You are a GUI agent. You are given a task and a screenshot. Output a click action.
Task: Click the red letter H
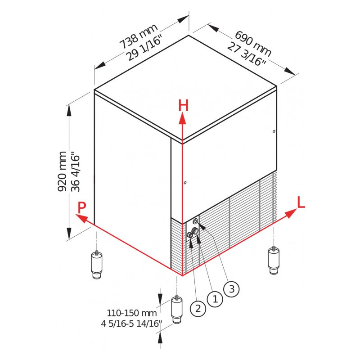[183, 106]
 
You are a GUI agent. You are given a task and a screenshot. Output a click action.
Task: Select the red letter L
[301, 202]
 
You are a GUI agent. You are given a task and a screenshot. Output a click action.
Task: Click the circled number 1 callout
[215, 299]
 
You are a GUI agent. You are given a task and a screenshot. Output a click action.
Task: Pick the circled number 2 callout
[198, 308]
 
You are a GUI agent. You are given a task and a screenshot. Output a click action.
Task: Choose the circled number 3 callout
[232, 289]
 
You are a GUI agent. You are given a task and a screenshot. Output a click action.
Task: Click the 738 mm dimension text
[139, 36]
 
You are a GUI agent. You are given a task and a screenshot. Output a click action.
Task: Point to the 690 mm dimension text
[253, 44]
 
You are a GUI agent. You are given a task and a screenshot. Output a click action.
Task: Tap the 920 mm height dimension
[62, 171]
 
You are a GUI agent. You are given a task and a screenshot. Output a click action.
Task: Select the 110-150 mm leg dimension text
[132, 313]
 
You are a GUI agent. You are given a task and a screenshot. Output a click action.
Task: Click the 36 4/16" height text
[76, 171]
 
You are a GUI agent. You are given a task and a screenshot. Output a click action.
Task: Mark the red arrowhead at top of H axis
[183, 119]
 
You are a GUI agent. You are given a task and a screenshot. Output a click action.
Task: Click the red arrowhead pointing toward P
[81, 218]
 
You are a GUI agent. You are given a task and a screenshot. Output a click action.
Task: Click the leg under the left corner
[97, 265]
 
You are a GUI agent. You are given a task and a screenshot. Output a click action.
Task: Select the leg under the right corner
[274, 260]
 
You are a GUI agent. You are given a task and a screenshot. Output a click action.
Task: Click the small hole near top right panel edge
[274, 131]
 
